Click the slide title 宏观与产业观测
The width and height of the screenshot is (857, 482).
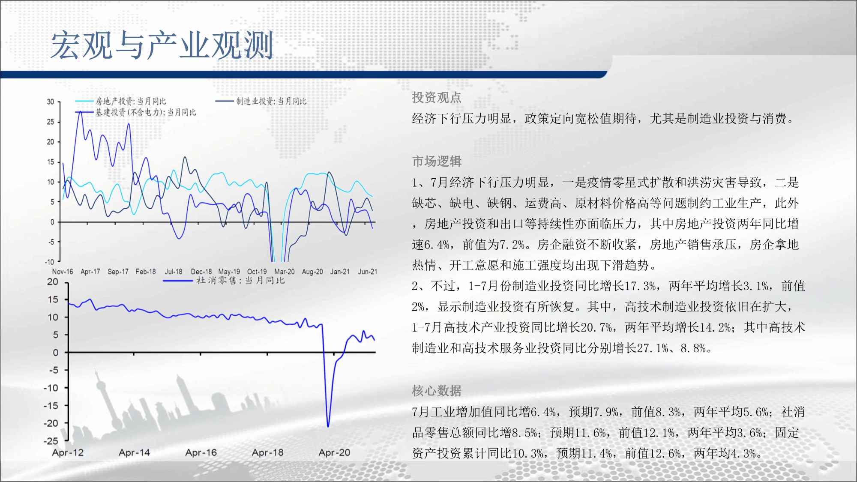coord(162,45)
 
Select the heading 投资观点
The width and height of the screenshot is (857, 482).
coord(437,98)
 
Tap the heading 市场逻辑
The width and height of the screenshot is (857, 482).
coord(437,161)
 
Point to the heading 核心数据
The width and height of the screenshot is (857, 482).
coord(437,391)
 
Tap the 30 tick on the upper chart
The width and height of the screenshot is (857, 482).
coord(51,102)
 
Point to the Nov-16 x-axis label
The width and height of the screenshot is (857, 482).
coord(63,272)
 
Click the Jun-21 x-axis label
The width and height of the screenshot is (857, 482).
coord(368,272)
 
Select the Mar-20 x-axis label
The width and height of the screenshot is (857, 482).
coord(285,272)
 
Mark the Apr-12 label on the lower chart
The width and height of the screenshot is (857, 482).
coord(68,452)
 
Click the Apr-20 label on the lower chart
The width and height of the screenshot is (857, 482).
coord(334,452)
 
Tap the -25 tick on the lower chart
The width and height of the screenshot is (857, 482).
coord(51,441)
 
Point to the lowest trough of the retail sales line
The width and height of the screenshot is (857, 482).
coord(328,426)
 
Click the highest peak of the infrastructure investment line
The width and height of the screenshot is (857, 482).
coord(80,112)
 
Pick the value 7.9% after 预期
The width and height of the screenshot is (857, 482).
coord(606,412)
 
